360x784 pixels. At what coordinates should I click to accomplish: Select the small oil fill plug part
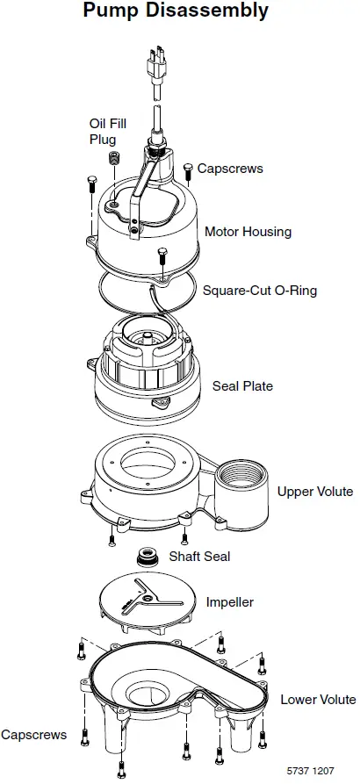pos(112,158)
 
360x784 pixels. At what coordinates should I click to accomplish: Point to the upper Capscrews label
pos(229,168)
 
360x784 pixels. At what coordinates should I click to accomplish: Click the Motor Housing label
pos(248,232)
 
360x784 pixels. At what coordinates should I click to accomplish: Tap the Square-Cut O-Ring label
pos(259,291)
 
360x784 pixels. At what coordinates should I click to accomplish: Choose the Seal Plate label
pos(242,385)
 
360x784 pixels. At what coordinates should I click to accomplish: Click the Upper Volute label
pos(315,491)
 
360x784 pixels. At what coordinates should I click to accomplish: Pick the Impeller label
pos(229,602)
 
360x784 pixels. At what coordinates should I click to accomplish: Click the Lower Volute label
pos(318,699)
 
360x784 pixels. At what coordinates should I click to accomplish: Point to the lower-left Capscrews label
pos(33,735)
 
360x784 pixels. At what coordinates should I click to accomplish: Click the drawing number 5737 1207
pos(310,770)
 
